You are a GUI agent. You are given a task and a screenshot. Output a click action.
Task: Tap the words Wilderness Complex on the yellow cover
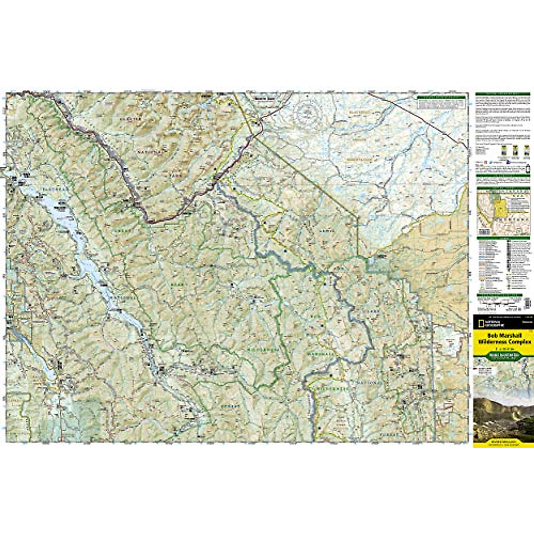pos(503,342)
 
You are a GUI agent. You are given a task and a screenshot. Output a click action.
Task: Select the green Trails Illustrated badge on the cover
pos(502,356)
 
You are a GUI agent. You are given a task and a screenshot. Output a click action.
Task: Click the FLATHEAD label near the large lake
pos(54,189)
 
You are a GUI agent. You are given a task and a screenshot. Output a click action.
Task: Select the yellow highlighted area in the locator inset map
pos(501,209)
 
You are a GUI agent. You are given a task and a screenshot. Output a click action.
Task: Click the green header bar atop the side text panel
pos(502,94)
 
